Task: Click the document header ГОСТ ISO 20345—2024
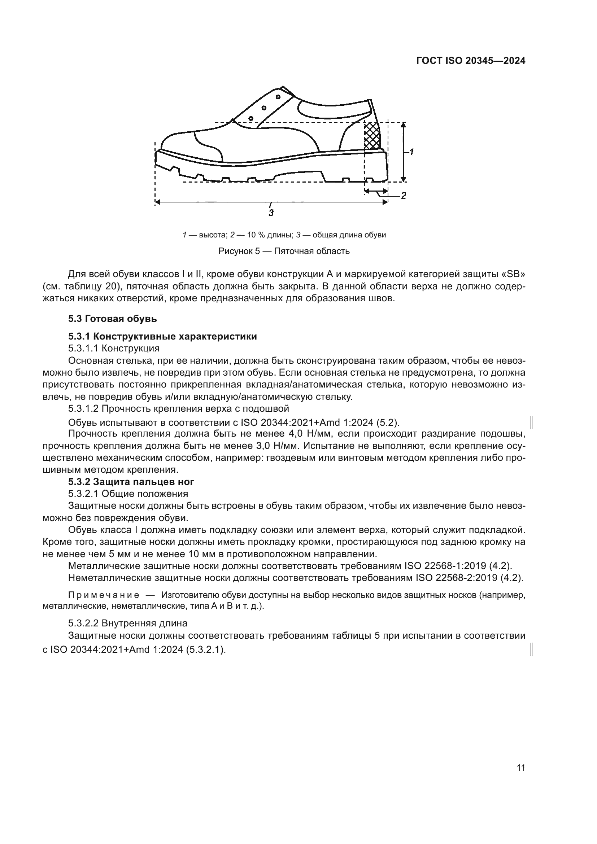point(471,61)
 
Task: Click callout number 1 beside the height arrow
point(412,152)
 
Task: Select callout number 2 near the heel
point(403,196)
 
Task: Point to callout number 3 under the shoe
point(271,213)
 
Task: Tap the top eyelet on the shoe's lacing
point(278,97)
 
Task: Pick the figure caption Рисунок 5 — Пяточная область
point(284,252)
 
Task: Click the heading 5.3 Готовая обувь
point(113,319)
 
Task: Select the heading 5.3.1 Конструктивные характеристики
point(162,336)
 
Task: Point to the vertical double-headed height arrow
point(403,152)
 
